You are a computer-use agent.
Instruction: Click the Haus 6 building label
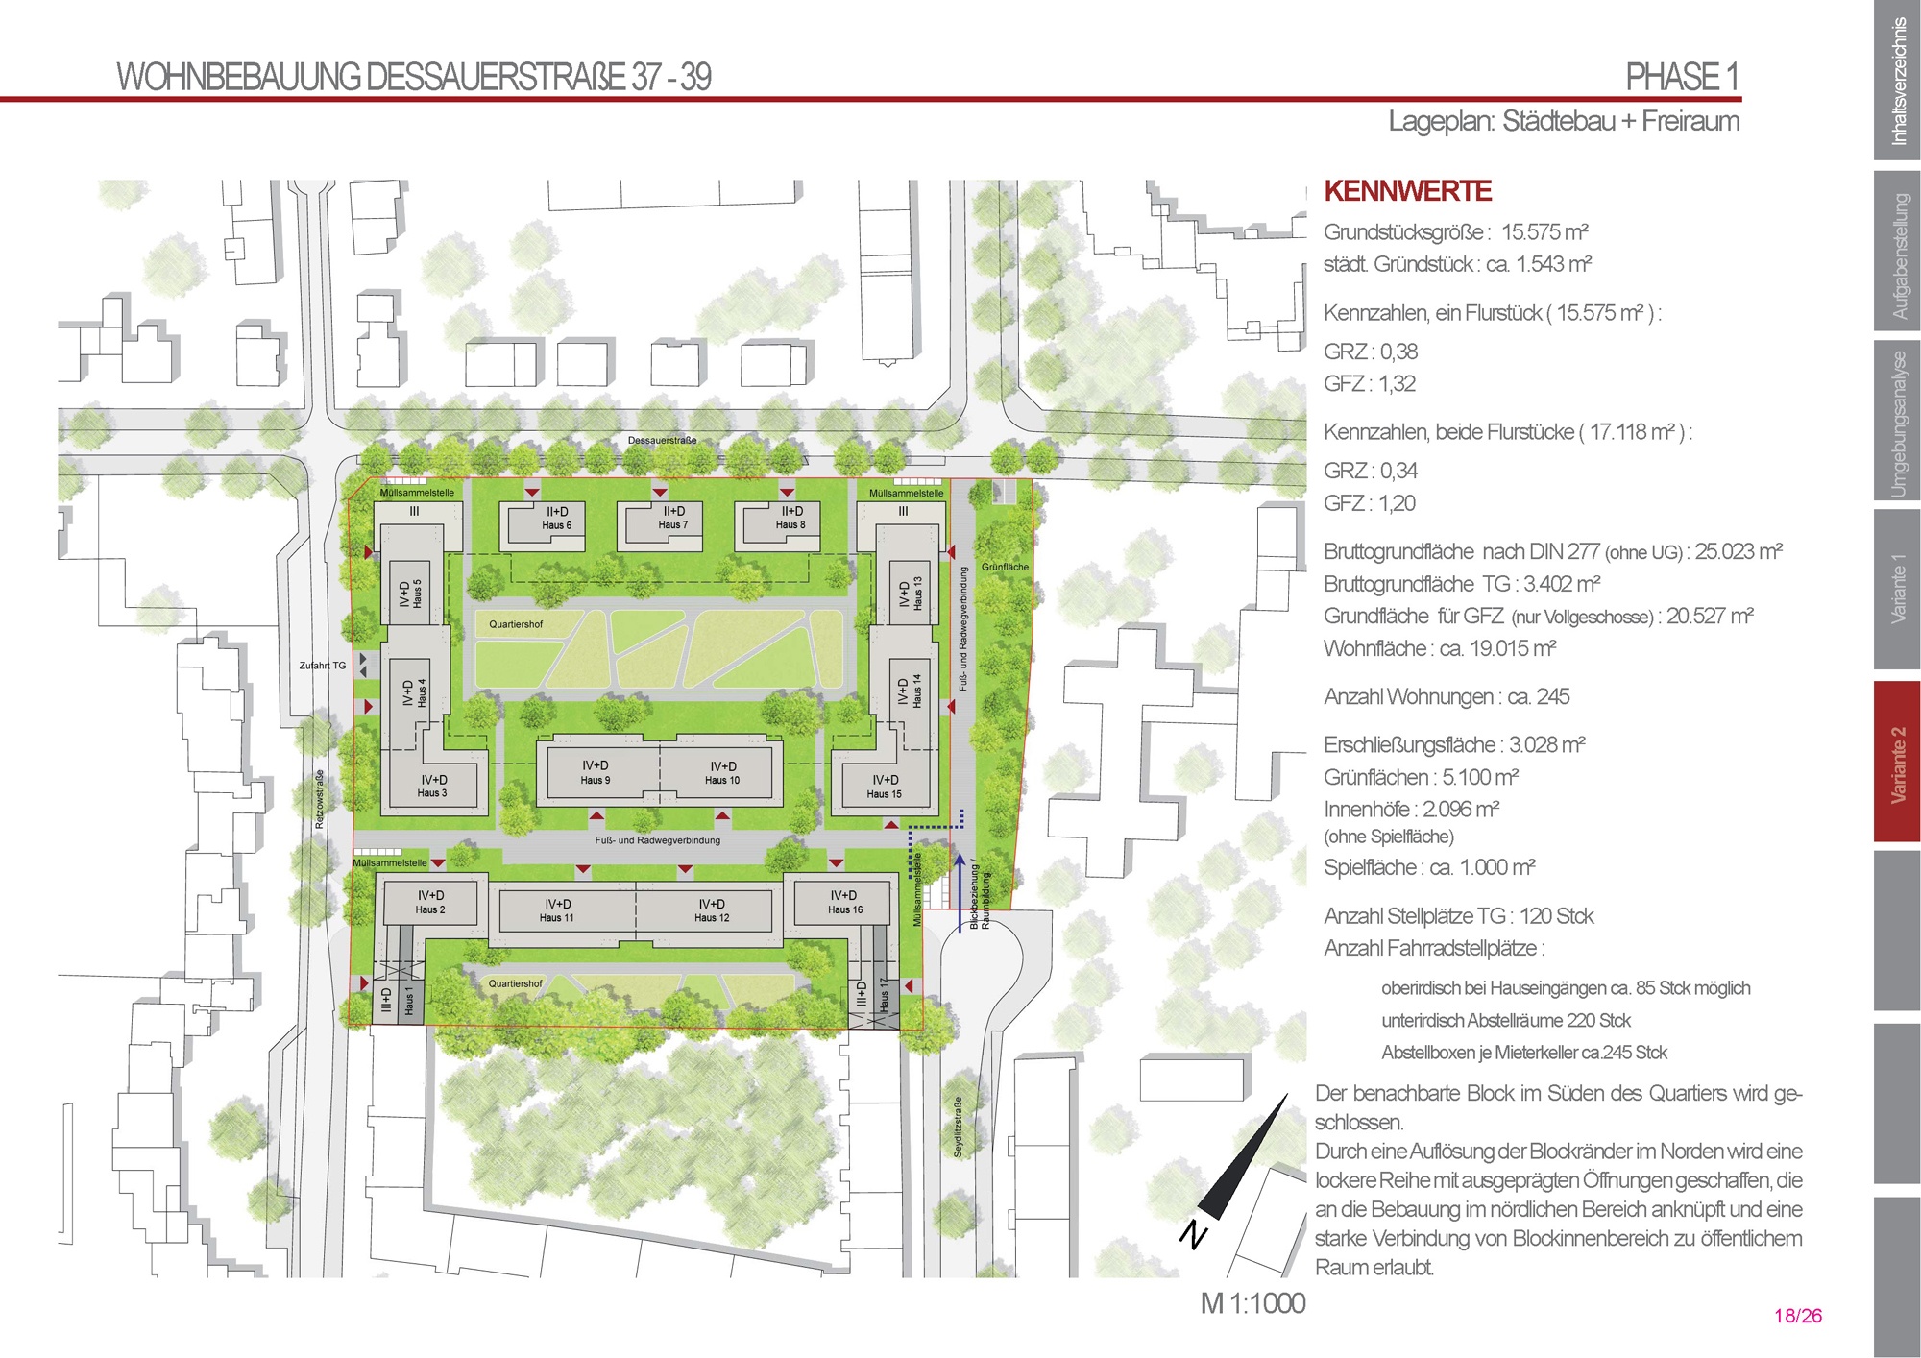556,525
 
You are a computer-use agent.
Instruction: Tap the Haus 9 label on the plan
595,780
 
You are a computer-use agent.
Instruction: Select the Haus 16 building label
845,909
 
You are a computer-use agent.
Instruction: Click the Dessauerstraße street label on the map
662,441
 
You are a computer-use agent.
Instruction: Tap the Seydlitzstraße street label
958,1127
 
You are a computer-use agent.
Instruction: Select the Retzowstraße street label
320,798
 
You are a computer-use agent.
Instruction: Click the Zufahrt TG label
322,665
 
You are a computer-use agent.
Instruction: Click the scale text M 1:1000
1252,1303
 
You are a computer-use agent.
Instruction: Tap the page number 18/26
1798,1316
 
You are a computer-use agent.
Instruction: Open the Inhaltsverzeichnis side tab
1897,81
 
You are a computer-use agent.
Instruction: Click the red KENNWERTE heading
1408,191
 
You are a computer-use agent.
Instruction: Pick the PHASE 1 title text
1683,77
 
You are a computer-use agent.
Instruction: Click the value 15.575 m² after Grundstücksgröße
1544,232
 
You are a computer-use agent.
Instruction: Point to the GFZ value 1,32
1398,384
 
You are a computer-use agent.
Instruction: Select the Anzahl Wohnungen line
1447,696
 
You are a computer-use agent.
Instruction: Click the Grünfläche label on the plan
1005,567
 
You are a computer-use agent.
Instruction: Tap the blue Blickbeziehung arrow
960,890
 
